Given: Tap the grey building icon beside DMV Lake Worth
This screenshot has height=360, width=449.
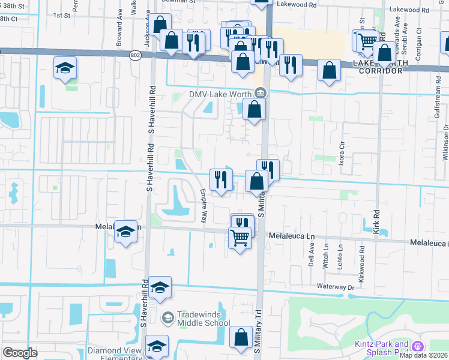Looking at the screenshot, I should tap(261, 92).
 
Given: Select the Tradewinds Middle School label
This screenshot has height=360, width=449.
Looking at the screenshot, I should tap(204, 318).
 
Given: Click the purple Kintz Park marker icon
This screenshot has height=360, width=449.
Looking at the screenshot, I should tap(418, 346).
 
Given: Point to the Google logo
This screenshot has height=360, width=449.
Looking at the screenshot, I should tap(20, 353).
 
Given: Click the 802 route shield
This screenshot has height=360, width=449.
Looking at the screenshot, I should tap(136, 55).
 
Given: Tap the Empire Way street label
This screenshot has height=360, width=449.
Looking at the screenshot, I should tap(203, 206).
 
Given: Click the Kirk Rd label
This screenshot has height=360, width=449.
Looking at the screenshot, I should tap(376, 221).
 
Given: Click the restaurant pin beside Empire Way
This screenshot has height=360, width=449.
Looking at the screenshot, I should tap(221, 179).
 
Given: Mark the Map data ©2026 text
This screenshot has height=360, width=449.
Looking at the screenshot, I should tap(424, 355).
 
